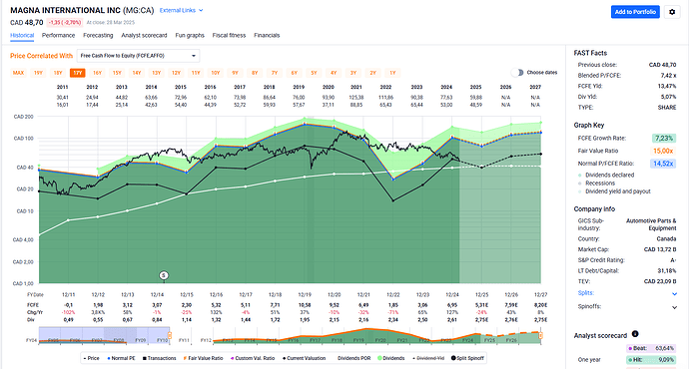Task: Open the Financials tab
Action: click(x=268, y=35)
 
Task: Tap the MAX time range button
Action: click(x=18, y=73)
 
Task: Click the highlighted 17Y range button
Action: click(x=77, y=73)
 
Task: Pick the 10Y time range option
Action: click(x=216, y=73)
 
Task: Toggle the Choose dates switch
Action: click(x=516, y=73)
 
